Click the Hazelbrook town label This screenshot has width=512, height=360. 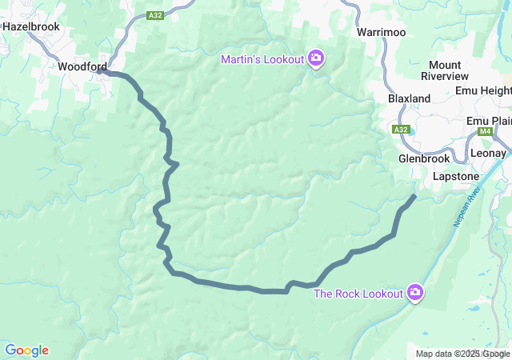coord(31,26)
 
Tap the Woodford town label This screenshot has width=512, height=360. coord(83,67)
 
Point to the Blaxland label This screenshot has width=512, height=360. coord(409,98)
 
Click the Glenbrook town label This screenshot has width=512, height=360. coord(424,158)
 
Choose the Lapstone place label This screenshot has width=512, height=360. coord(455,176)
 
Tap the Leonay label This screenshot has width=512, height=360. coord(488,153)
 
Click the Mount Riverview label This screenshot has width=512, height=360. coord(449,70)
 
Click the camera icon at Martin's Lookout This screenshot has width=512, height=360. coord(316,58)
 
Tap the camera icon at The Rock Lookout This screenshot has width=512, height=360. coord(415,293)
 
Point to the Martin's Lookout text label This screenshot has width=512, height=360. coord(263,60)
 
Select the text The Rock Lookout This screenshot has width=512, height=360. coord(358,294)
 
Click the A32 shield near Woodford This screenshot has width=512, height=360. coord(156,14)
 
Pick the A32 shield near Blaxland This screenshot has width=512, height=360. coord(402,129)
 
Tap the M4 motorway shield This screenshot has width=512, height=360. coord(484,131)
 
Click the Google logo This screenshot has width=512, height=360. coord(26,350)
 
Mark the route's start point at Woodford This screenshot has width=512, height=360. coord(101,71)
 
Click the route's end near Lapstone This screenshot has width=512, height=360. coord(414,196)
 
